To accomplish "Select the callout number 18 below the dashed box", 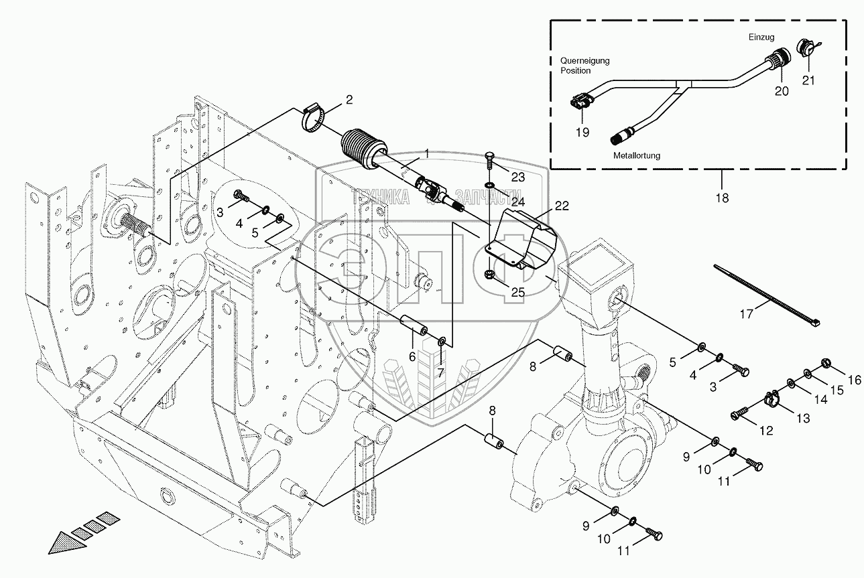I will (x=721, y=198).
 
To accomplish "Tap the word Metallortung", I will (x=637, y=155).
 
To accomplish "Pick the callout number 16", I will (x=854, y=380).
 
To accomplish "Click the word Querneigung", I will (x=584, y=61).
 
